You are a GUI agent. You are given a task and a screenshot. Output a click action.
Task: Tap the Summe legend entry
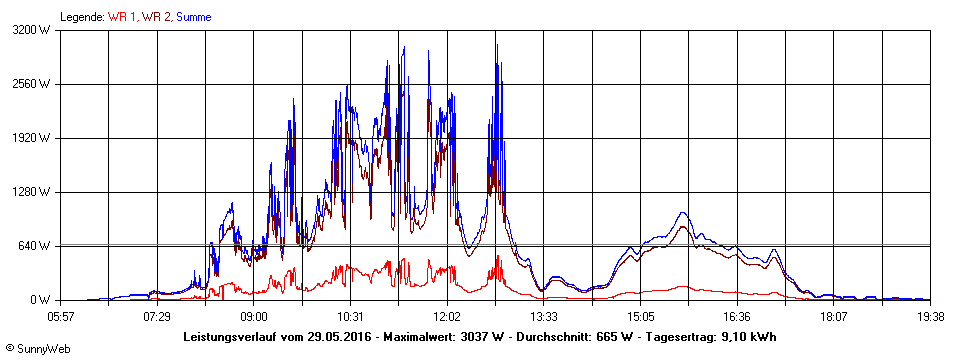193,17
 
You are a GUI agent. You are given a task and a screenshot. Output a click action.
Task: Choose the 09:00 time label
254,316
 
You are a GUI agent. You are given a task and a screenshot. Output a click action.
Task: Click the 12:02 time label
447,316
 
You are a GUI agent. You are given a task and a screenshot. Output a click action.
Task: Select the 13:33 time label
544,316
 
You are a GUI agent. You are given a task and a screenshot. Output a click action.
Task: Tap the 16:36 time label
737,316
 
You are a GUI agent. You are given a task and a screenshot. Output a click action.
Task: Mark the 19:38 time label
930,316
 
